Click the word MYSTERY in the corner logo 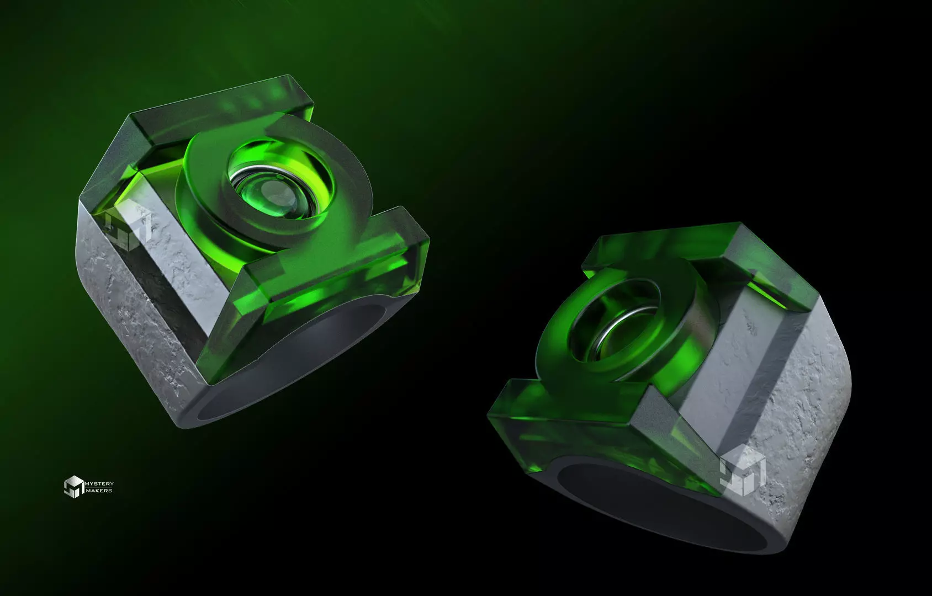(99, 484)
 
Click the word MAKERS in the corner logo (99, 491)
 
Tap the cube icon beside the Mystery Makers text (73, 486)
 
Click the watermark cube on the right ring (743, 471)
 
